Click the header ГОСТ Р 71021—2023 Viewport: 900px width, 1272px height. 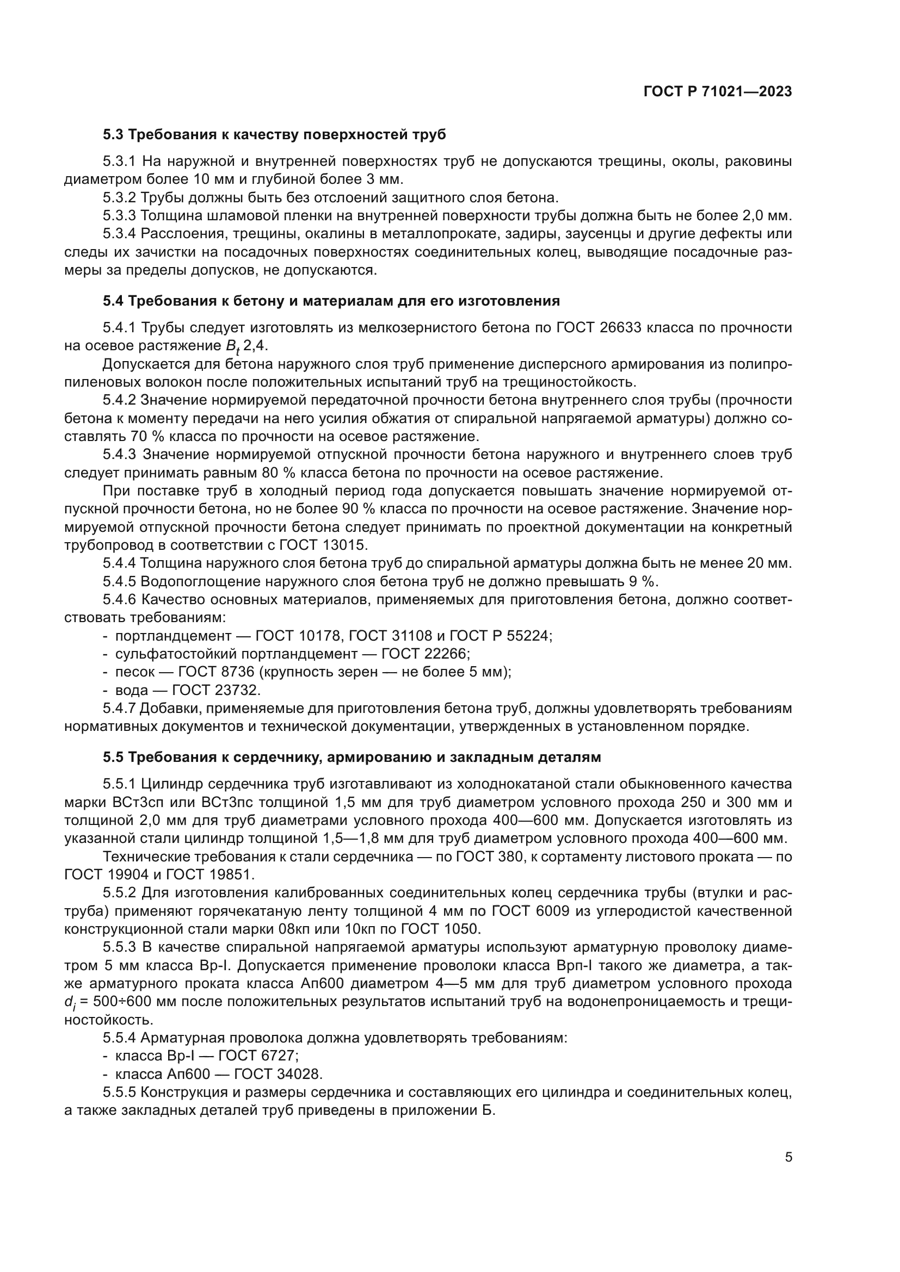(x=718, y=92)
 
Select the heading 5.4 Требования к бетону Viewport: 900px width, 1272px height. (x=331, y=301)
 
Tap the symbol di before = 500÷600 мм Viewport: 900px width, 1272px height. (x=69, y=1002)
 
